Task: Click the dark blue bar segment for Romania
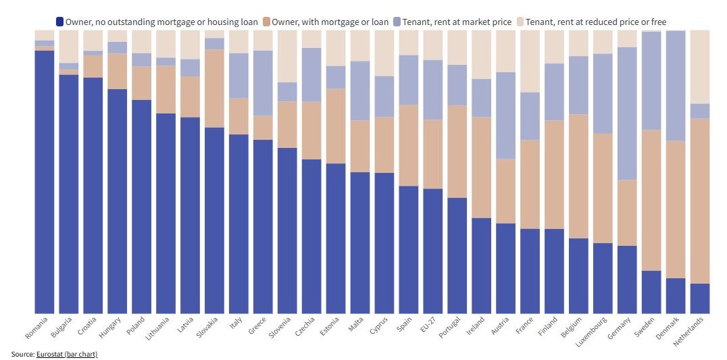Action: [x=45, y=182]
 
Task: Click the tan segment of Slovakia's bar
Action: [x=215, y=88]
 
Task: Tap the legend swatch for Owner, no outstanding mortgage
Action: [x=60, y=22]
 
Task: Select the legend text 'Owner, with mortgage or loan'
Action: [x=330, y=22]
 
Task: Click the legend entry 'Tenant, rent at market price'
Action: [x=456, y=22]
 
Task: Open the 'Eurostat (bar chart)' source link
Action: [x=67, y=354]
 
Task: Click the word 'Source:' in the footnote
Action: [x=23, y=354]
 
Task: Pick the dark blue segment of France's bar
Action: [x=530, y=271]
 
